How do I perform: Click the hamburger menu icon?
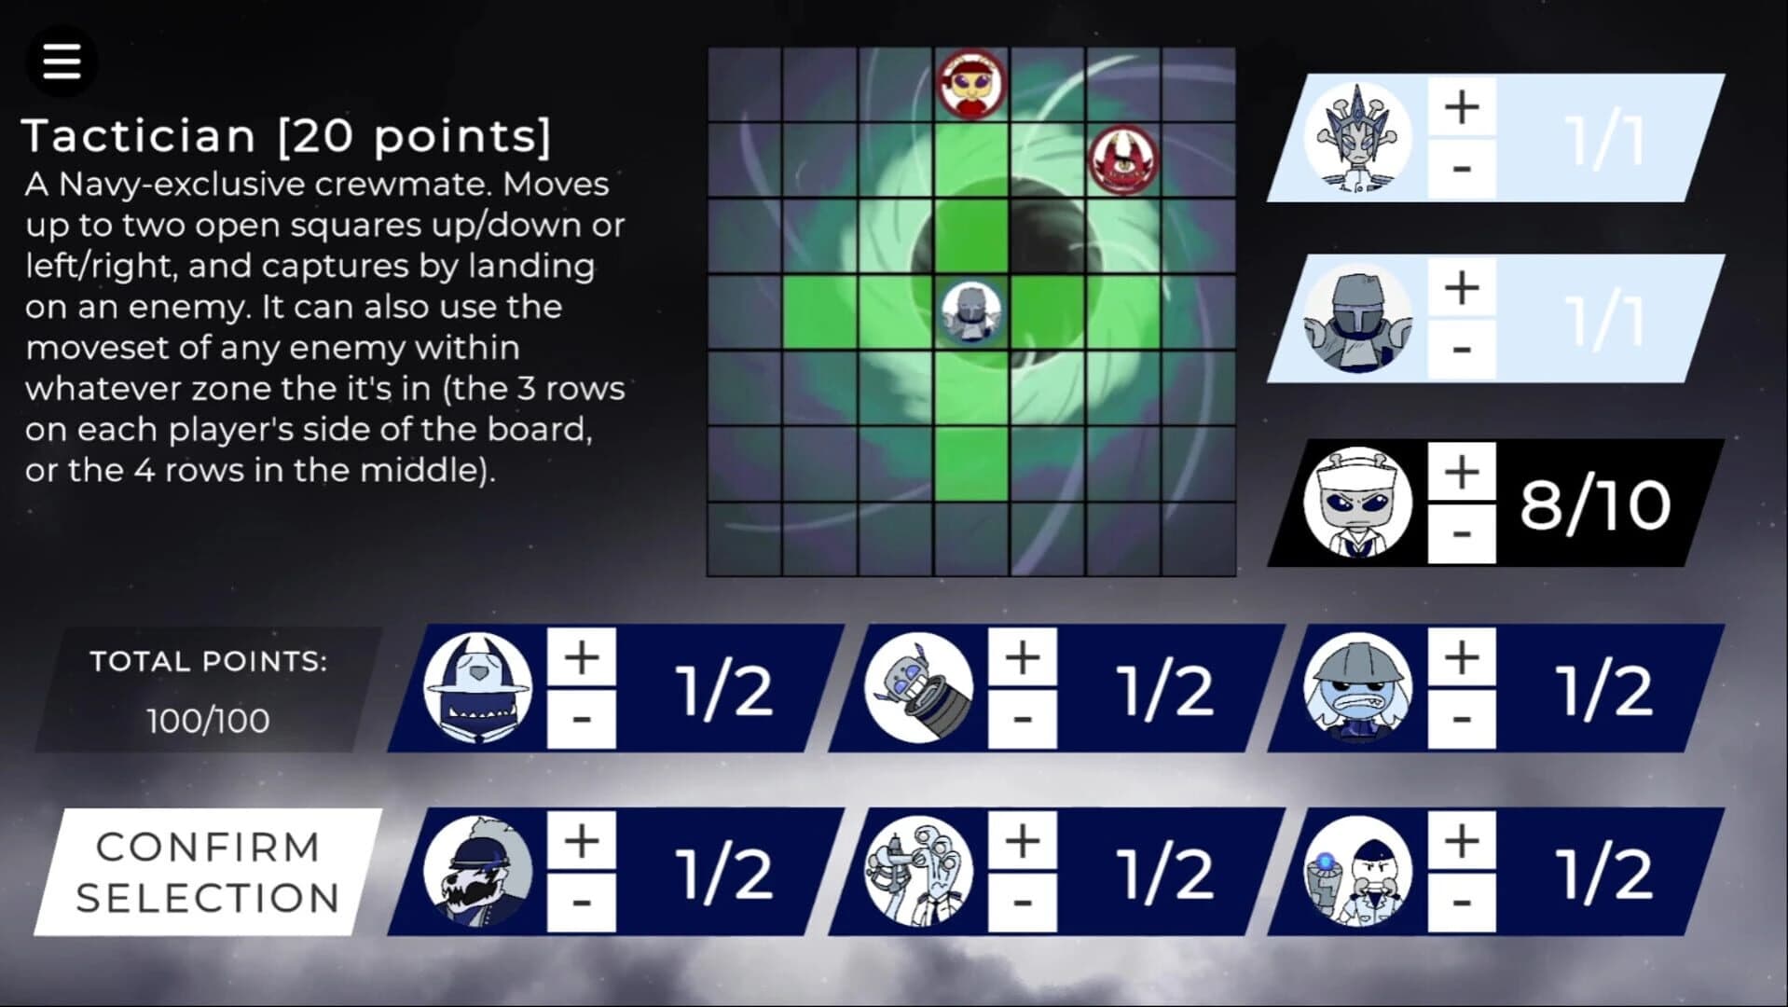click(x=62, y=62)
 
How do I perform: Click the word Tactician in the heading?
click(x=139, y=136)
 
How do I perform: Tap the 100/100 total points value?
click(x=208, y=721)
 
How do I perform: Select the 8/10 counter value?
click(x=1595, y=504)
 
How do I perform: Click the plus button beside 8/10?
click(x=1462, y=471)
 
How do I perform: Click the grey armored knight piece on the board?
click(x=971, y=312)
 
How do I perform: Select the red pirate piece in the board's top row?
click(x=971, y=83)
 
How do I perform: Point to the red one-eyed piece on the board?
click(x=1123, y=159)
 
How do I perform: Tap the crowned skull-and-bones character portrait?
click(x=1357, y=139)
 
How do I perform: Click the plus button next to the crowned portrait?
click(x=1462, y=107)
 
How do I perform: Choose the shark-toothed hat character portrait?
click(x=478, y=688)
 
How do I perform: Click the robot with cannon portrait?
click(x=919, y=688)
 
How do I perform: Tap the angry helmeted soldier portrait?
click(x=1357, y=688)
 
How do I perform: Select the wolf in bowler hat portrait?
click(x=478, y=872)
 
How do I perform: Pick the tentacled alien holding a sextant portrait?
click(x=919, y=872)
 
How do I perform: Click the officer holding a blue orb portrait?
click(x=1357, y=872)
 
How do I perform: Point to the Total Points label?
click(x=209, y=661)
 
